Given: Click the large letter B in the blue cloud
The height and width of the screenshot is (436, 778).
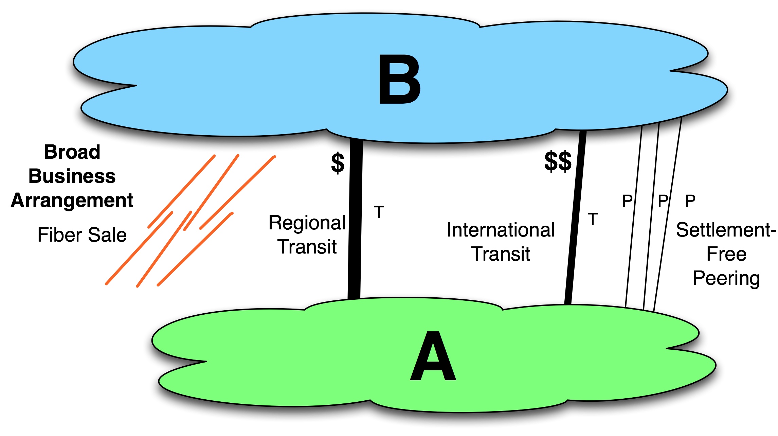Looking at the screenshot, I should (400, 79).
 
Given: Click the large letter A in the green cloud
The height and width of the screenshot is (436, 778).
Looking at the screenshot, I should (433, 356).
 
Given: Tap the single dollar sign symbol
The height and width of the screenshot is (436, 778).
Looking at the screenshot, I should (338, 163).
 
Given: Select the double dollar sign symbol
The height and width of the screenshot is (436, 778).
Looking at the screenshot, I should (558, 162).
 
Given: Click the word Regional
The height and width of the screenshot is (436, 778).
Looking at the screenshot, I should (307, 223).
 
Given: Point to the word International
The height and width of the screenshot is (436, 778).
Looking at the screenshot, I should (501, 230).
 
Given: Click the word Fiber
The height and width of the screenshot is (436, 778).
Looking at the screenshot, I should (58, 235).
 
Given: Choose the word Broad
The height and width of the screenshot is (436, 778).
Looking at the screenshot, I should (72, 152).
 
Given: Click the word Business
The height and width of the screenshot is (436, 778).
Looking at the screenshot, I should (72, 176).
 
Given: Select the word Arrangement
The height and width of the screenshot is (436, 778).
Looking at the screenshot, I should (72, 200).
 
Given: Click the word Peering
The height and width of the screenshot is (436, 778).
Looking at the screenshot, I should (726, 279).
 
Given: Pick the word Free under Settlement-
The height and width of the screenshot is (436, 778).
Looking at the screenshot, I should (726, 254).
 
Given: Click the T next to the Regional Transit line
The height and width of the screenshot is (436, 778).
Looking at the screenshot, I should (379, 212).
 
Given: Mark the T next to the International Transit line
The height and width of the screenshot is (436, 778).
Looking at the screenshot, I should (593, 219).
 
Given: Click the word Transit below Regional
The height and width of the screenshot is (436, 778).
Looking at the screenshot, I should (307, 247).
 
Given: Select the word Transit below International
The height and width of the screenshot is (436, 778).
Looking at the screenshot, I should (501, 254).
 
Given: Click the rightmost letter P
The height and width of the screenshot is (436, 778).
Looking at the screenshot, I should (690, 201).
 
